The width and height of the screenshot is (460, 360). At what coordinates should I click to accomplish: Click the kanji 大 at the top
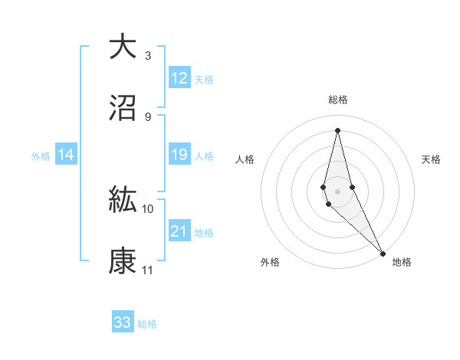coord(123,47)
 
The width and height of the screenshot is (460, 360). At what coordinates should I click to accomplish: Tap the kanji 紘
coord(123,199)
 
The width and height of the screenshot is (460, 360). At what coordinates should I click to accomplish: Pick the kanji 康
coord(123,260)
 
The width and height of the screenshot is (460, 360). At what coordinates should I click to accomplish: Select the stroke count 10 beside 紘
coord(148,208)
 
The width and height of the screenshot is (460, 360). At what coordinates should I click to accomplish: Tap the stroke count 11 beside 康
coord(148,270)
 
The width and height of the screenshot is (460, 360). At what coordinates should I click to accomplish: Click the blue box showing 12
coord(179,78)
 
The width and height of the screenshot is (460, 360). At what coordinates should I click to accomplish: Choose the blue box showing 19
coord(179,155)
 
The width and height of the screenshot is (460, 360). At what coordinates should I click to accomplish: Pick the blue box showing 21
coord(179,231)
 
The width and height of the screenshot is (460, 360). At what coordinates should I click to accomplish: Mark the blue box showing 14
coord(66,155)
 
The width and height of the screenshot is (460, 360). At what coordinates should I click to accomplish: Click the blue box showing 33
coord(123,322)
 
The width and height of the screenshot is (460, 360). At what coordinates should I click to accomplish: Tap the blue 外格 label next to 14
coord(41,155)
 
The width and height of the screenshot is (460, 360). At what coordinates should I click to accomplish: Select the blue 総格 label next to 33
coord(147,323)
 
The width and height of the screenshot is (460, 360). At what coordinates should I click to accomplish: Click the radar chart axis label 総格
coord(337,100)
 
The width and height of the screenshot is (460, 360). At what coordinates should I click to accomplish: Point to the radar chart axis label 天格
coord(431,159)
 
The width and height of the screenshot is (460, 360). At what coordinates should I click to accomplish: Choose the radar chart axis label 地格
coord(402,262)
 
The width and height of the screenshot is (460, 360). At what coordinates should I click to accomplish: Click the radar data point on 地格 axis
coord(383,253)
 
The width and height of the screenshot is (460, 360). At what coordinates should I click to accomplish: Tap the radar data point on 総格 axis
coord(337,129)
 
